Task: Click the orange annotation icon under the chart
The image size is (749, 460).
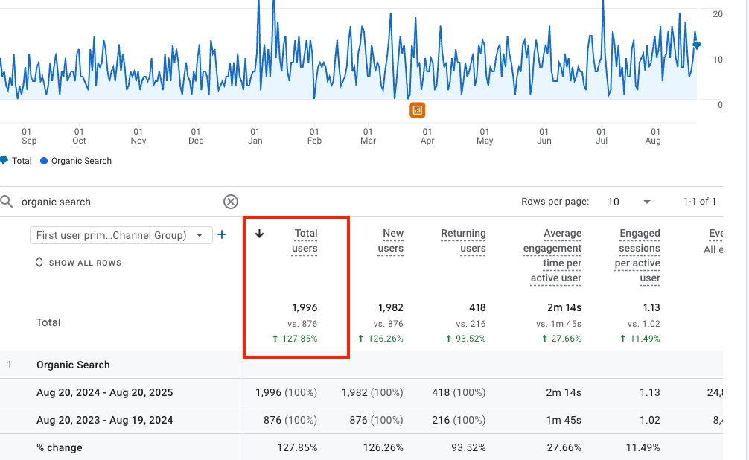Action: tap(417, 110)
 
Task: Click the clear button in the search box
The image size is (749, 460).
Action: tap(231, 202)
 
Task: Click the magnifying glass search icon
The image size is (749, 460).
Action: tap(7, 202)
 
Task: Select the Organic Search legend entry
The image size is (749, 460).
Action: tap(76, 161)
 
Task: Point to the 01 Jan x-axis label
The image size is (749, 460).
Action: tap(255, 136)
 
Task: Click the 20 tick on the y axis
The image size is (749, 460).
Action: tap(718, 14)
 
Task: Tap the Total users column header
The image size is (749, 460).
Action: tap(305, 241)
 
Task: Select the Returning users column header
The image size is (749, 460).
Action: tap(463, 241)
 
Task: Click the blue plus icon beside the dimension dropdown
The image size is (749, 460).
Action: tap(221, 235)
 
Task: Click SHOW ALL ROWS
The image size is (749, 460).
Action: tap(78, 263)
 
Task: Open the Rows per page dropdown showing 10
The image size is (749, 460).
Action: tap(629, 202)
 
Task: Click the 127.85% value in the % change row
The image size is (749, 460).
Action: tap(296, 447)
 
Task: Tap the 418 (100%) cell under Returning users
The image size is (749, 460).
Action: tap(458, 392)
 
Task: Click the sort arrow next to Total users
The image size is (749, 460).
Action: tap(260, 234)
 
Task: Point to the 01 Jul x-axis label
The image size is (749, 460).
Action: tap(602, 136)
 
